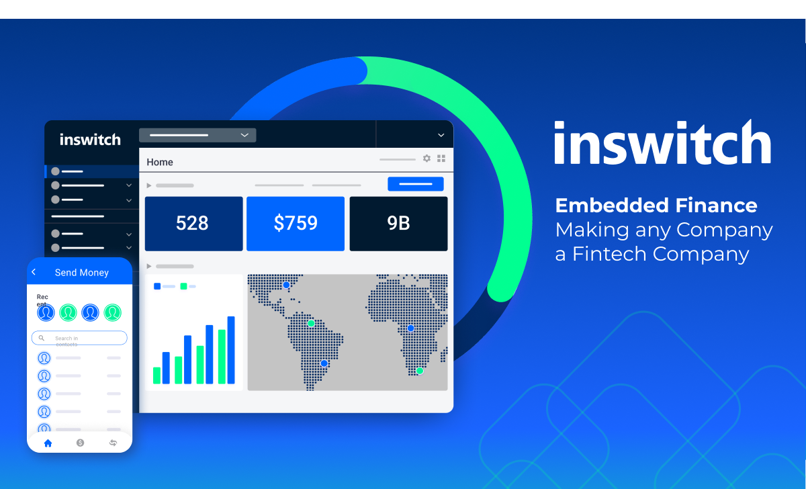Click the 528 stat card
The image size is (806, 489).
click(x=193, y=224)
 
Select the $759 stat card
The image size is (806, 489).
click(x=296, y=224)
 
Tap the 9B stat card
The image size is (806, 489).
click(x=399, y=224)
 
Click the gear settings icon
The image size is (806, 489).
click(x=427, y=159)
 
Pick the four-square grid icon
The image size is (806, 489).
click(x=441, y=159)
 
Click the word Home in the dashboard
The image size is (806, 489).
click(x=160, y=163)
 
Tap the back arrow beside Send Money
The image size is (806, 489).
click(x=34, y=272)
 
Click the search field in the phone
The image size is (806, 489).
click(x=79, y=338)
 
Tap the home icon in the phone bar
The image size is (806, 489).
click(x=48, y=443)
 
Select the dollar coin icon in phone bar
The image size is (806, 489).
click(x=80, y=443)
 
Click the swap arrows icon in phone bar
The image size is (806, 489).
click(x=113, y=443)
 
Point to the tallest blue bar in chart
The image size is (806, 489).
click(x=231, y=350)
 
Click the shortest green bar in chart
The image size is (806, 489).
click(x=157, y=375)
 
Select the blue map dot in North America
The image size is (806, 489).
click(x=286, y=285)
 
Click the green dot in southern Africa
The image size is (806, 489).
click(x=420, y=370)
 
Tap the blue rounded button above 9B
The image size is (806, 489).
click(x=416, y=184)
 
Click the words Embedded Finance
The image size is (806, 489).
click(x=656, y=205)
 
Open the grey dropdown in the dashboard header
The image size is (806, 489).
click(x=197, y=135)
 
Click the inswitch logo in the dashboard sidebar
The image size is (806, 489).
click(x=90, y=140)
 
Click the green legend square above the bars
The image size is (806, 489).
click(x=183, y=286)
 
